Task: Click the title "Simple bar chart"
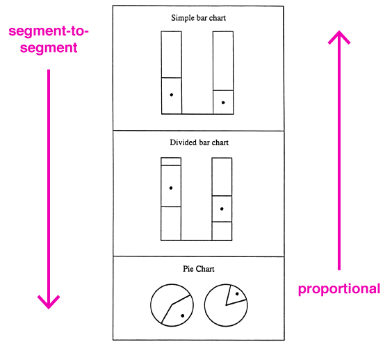point(199,18)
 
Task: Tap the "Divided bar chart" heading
point(199,142)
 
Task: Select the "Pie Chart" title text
point(199,269)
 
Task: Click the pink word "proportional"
point(339,289)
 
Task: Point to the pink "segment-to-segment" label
point(49,40)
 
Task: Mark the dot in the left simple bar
point(172,95)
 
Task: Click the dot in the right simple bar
point(223,102)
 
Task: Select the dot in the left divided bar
point(171,188)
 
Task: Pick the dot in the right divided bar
point(222,208)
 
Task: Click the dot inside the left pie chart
point(183,316)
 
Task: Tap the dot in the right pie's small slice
point(237,294)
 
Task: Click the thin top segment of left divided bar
point(171,161)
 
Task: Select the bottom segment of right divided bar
point(222,231)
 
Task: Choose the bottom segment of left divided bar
point(171,224)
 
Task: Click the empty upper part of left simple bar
point(172,54)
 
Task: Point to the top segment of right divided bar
point(222,177)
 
